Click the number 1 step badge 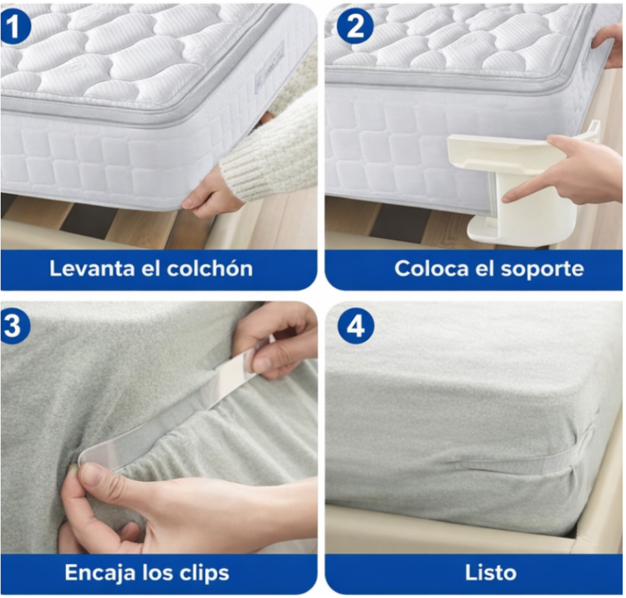click(14, 28)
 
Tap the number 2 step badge click(355, 28)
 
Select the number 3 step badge click(14, 325)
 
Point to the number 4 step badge click(355, 325)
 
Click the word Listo click(490, 572)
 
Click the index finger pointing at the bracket click(523, 191)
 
